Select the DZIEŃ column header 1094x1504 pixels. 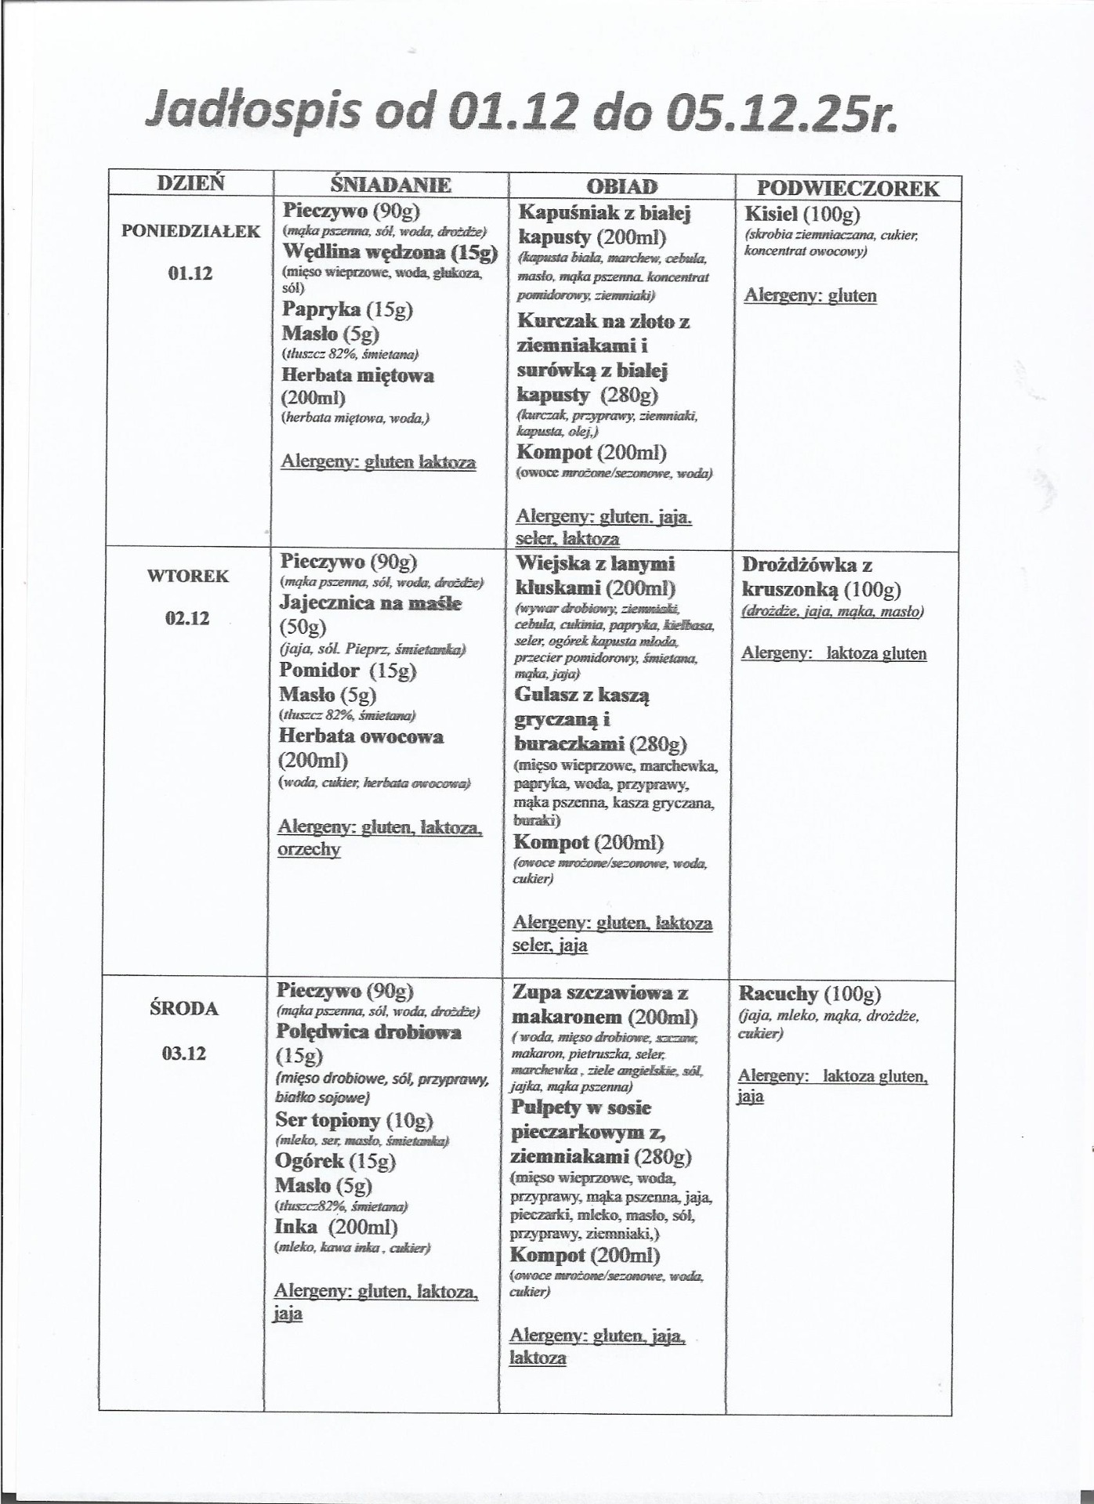190,183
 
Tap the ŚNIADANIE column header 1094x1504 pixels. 390,186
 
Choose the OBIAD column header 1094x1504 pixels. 622,187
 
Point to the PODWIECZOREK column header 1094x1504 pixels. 847,189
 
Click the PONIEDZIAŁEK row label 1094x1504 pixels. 190,232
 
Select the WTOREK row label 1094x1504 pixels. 188,577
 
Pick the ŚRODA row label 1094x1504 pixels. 184,1009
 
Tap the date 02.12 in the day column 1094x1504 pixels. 187,618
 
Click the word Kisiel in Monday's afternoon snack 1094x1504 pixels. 771,214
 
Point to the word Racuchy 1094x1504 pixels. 777,995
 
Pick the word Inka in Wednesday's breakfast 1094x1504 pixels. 296,1227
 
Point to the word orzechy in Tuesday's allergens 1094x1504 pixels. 309,849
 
